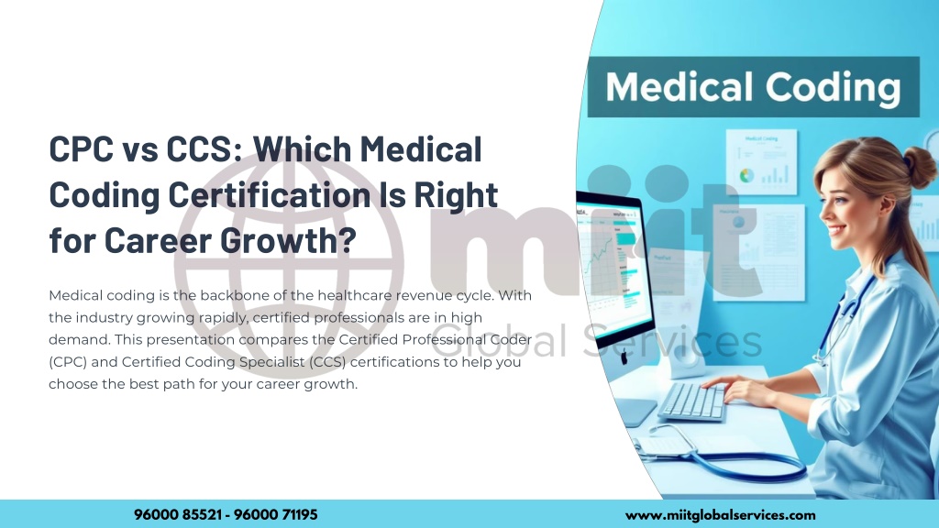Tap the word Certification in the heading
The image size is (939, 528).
pos(250,194)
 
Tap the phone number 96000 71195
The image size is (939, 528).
pos(277,515)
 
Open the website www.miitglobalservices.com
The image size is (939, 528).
pos(720,515)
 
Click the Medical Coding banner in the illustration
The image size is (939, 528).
pos(752,87)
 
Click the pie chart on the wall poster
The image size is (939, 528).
pos(746,173)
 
